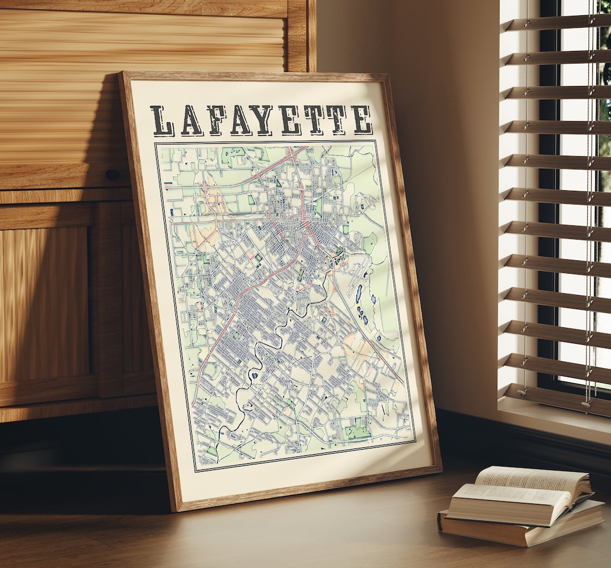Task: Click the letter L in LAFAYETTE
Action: coord(162,121)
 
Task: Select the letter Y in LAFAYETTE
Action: coord(264,120)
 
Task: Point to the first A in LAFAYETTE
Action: coord(191,121)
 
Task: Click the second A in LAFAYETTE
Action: coord(240,120)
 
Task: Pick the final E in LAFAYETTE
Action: coord(361,119)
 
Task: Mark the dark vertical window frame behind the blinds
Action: coord(548,227)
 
